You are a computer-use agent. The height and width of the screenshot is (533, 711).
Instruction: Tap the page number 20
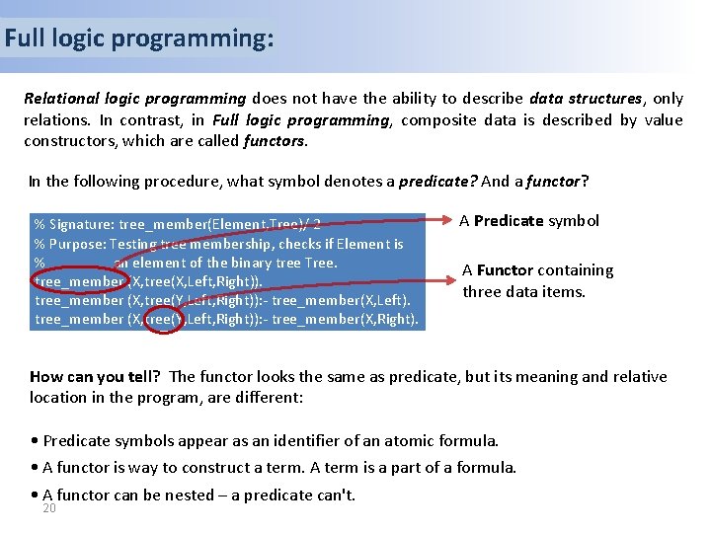pyautogui.click(x=49, y=508)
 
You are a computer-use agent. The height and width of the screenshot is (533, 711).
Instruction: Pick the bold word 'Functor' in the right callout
pyautogui.click(x=505, y=269)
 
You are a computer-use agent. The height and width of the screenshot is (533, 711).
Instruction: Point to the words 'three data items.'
pyautogui.click(x=523, y=291)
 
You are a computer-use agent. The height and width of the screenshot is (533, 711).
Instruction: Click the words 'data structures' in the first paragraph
pyautogui.click(x=585, y=99)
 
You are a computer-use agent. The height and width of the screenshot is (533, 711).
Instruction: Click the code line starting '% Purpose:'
pyautogui.click(x=218, y=244)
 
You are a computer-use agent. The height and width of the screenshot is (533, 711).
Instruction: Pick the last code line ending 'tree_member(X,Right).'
pyautogui.click(x=227, y=319)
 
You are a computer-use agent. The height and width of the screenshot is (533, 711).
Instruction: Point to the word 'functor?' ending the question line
pyautogui.click(x=557, y=182)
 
